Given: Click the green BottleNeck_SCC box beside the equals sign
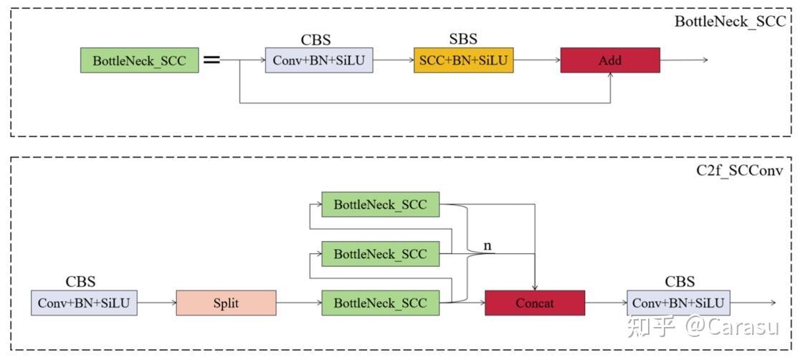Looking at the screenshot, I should (139, 60).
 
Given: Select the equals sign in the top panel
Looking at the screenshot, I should (211, 60).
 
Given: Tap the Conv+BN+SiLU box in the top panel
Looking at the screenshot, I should (319, 60).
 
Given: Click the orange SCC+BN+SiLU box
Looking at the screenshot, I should (463, 60).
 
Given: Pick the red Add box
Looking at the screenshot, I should (609, 60).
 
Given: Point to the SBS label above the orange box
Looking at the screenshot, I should (462, 39).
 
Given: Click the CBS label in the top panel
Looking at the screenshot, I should (315, 39).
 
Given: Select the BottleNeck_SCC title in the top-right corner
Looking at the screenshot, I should (730, 22).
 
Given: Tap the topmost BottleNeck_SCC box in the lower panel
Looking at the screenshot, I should (380, 204).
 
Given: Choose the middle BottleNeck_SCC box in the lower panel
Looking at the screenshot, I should (380, 254).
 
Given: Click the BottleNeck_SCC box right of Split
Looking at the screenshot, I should (380, 303).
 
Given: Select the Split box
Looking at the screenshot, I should (226, 303).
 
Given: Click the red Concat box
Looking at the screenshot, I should (535, 303).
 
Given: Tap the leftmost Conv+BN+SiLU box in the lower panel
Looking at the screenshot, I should (84, 303).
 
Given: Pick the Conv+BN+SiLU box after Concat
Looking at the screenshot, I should (678, 303).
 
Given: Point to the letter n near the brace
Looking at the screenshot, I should (487, 246).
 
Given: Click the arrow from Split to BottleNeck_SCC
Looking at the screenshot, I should (299, 303).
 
